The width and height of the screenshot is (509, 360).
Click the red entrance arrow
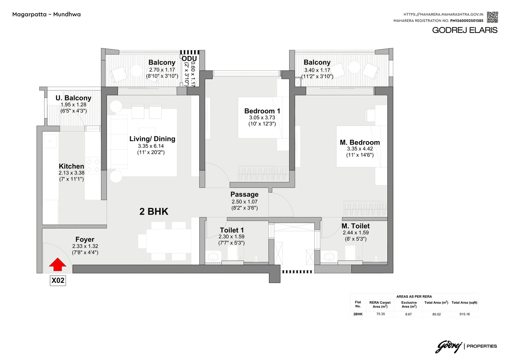tap(58, 264)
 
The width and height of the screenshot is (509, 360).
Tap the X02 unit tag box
tap(58, 281)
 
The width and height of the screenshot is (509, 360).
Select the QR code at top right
tap(492, 17)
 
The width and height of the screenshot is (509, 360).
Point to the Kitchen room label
tap(71, 166)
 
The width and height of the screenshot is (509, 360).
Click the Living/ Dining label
tap(152, 139)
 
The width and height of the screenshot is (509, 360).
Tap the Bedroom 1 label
tap(262, 111)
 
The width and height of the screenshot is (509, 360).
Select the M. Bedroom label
tap(359, 142)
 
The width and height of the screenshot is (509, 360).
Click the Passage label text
tap(244, 194)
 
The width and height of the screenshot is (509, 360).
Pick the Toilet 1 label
tap(231, 230)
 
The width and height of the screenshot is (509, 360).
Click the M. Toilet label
tap(356, 226)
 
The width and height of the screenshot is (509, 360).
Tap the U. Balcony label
tap(74, 98)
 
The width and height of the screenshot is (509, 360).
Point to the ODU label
tap(189, 59)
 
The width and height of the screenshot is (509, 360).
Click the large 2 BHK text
tap(154, 212)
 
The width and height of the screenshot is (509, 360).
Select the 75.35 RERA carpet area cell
tap(380, 314)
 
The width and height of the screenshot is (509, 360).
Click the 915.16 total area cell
tap(464, 314)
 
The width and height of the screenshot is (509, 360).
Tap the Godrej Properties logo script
tap(449, 346)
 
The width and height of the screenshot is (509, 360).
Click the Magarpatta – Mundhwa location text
tap(47, 14)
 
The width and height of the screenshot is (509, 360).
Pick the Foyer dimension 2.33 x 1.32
tap(85, 246)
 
